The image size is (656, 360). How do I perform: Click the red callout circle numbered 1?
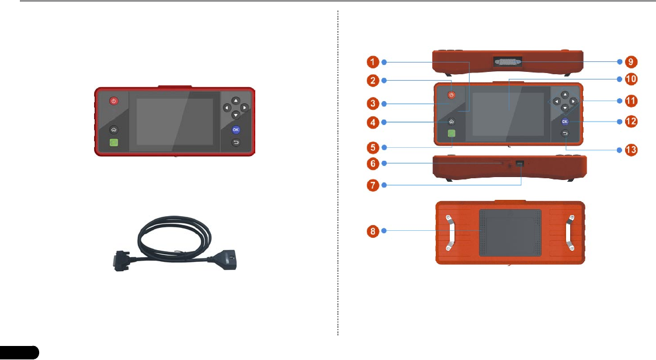tap(374, 61)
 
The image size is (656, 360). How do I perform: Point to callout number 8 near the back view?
tap(374, 231)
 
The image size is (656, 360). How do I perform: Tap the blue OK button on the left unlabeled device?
tap(235, 130)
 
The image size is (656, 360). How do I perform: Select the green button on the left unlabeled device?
tap(113, 143)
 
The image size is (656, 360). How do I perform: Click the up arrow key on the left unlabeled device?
tap(235, 100)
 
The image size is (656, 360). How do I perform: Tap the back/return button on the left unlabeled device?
tap(235, 142)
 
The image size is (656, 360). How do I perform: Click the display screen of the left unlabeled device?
tap(175, 122)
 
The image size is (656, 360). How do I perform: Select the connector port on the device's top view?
tap(507, 61)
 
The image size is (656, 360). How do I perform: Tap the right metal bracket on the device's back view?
tap(570, 233)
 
